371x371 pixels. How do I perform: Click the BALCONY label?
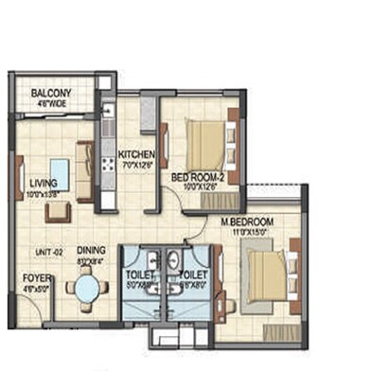click(x=50, y=93)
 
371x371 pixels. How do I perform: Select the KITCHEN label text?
click(x=135, y=153)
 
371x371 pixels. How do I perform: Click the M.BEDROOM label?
click(x=241, y=222)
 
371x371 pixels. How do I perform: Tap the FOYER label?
click(x=37, y=278)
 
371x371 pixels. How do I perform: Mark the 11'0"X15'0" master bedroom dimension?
click(x=242, y=232)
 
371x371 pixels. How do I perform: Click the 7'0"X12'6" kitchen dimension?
click(x=135, y=163)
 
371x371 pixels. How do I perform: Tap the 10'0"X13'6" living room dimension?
click(x=44, y=194)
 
